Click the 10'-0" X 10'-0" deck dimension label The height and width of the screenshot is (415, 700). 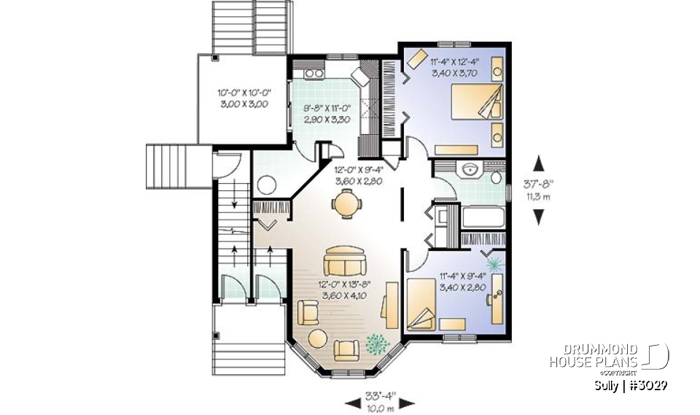coord(244,99)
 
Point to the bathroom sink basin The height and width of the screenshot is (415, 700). coord(469,169)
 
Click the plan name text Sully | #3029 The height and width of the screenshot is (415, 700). coord(631,385)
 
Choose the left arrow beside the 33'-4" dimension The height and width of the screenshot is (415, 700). coord(351,401)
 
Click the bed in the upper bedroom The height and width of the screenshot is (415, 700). coord(478,105)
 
